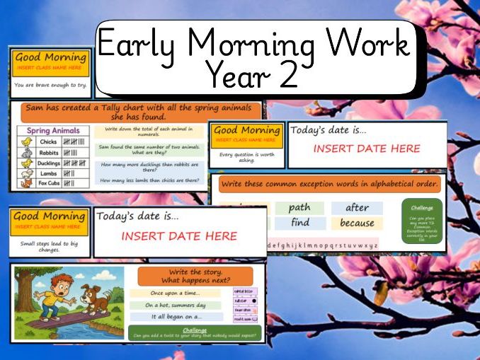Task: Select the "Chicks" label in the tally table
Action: tap(47, 142)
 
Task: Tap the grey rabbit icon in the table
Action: tap(26, 151)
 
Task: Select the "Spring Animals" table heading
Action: tap(52, 131)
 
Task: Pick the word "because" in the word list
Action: tap(356, 223)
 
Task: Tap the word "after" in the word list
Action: tap(357, 208)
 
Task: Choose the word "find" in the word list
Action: tap(299, 223)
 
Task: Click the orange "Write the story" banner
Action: tap(195, 276)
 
